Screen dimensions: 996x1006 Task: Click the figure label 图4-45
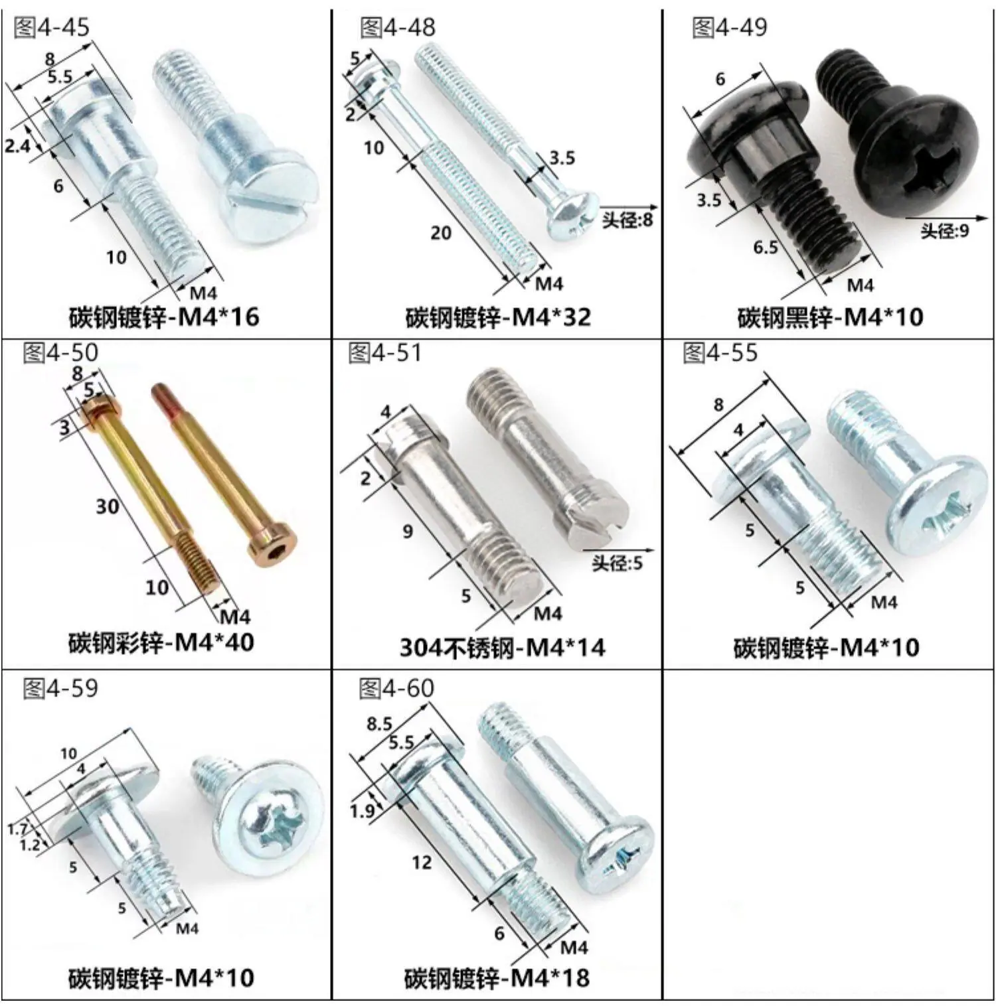pos(51,28)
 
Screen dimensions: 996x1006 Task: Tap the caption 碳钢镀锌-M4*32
pos(498,317)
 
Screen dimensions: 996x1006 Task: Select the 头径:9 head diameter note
pos(944,230)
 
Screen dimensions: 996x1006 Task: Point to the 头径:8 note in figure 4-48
pos(627,220)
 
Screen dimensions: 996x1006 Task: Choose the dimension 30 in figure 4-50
pos(108,507)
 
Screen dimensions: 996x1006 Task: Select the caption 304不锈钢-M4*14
pos(503,647)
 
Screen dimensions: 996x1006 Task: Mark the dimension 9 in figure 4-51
pos(408,530)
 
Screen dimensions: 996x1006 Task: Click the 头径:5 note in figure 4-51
pos(618,563)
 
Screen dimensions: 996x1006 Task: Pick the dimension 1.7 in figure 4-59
pos(18,828)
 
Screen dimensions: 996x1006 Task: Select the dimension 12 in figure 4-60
pos(421,863)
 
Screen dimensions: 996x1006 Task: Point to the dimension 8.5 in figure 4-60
pos(379,723)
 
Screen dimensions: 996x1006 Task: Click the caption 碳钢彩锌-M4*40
pos(161,642)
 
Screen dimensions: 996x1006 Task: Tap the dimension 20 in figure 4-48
pos(441,233)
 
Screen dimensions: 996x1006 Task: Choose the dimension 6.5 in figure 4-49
pos(766,248)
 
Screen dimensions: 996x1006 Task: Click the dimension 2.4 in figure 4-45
pos(18,145)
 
